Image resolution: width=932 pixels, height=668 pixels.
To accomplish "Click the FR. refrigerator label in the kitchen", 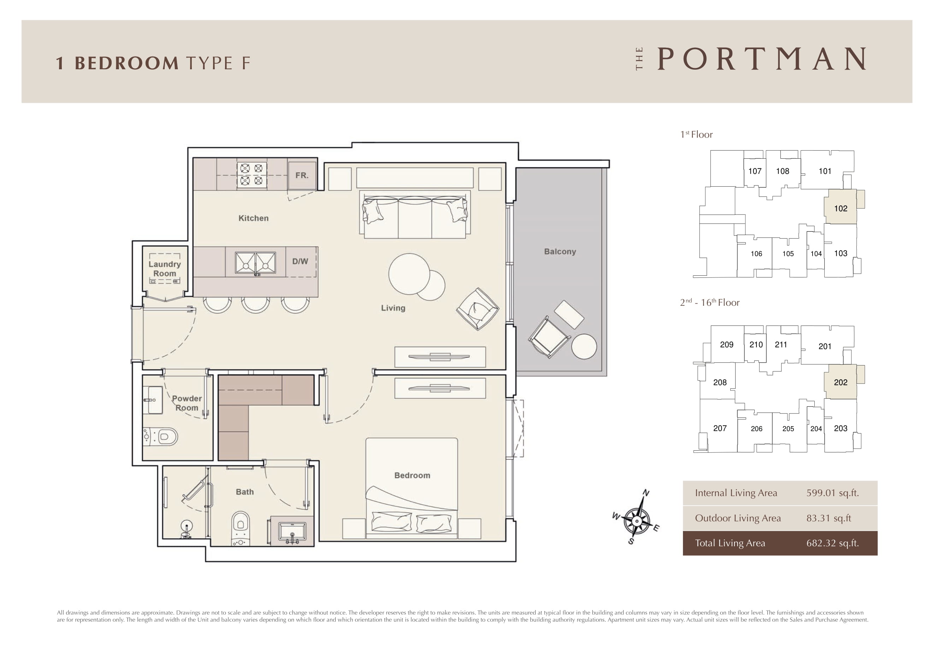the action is (302, 176).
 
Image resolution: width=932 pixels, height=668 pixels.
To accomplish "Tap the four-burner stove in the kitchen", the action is (252, 174).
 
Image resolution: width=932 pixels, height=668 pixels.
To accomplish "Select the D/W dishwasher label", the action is (300, 262).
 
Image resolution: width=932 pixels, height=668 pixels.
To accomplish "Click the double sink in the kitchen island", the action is (255, 263).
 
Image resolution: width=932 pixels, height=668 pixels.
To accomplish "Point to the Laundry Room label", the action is (165, 269).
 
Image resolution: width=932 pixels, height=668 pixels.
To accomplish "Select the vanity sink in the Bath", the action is (292, 532).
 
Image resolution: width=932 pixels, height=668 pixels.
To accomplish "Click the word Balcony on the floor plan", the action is (560, 252).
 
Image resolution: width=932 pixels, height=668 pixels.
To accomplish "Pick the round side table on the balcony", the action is (584, 346).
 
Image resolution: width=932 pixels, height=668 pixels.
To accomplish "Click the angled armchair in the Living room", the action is (478, 309).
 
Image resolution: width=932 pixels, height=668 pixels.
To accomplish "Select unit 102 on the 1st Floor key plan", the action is (840, 207).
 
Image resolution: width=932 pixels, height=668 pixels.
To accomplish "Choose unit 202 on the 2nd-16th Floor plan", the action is (840, 382).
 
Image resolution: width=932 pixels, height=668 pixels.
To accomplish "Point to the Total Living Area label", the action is (730, 543).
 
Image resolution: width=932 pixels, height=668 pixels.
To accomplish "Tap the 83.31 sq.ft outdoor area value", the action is (828, 518).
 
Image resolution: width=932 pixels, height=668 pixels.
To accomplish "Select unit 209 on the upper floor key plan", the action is (726, 345).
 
